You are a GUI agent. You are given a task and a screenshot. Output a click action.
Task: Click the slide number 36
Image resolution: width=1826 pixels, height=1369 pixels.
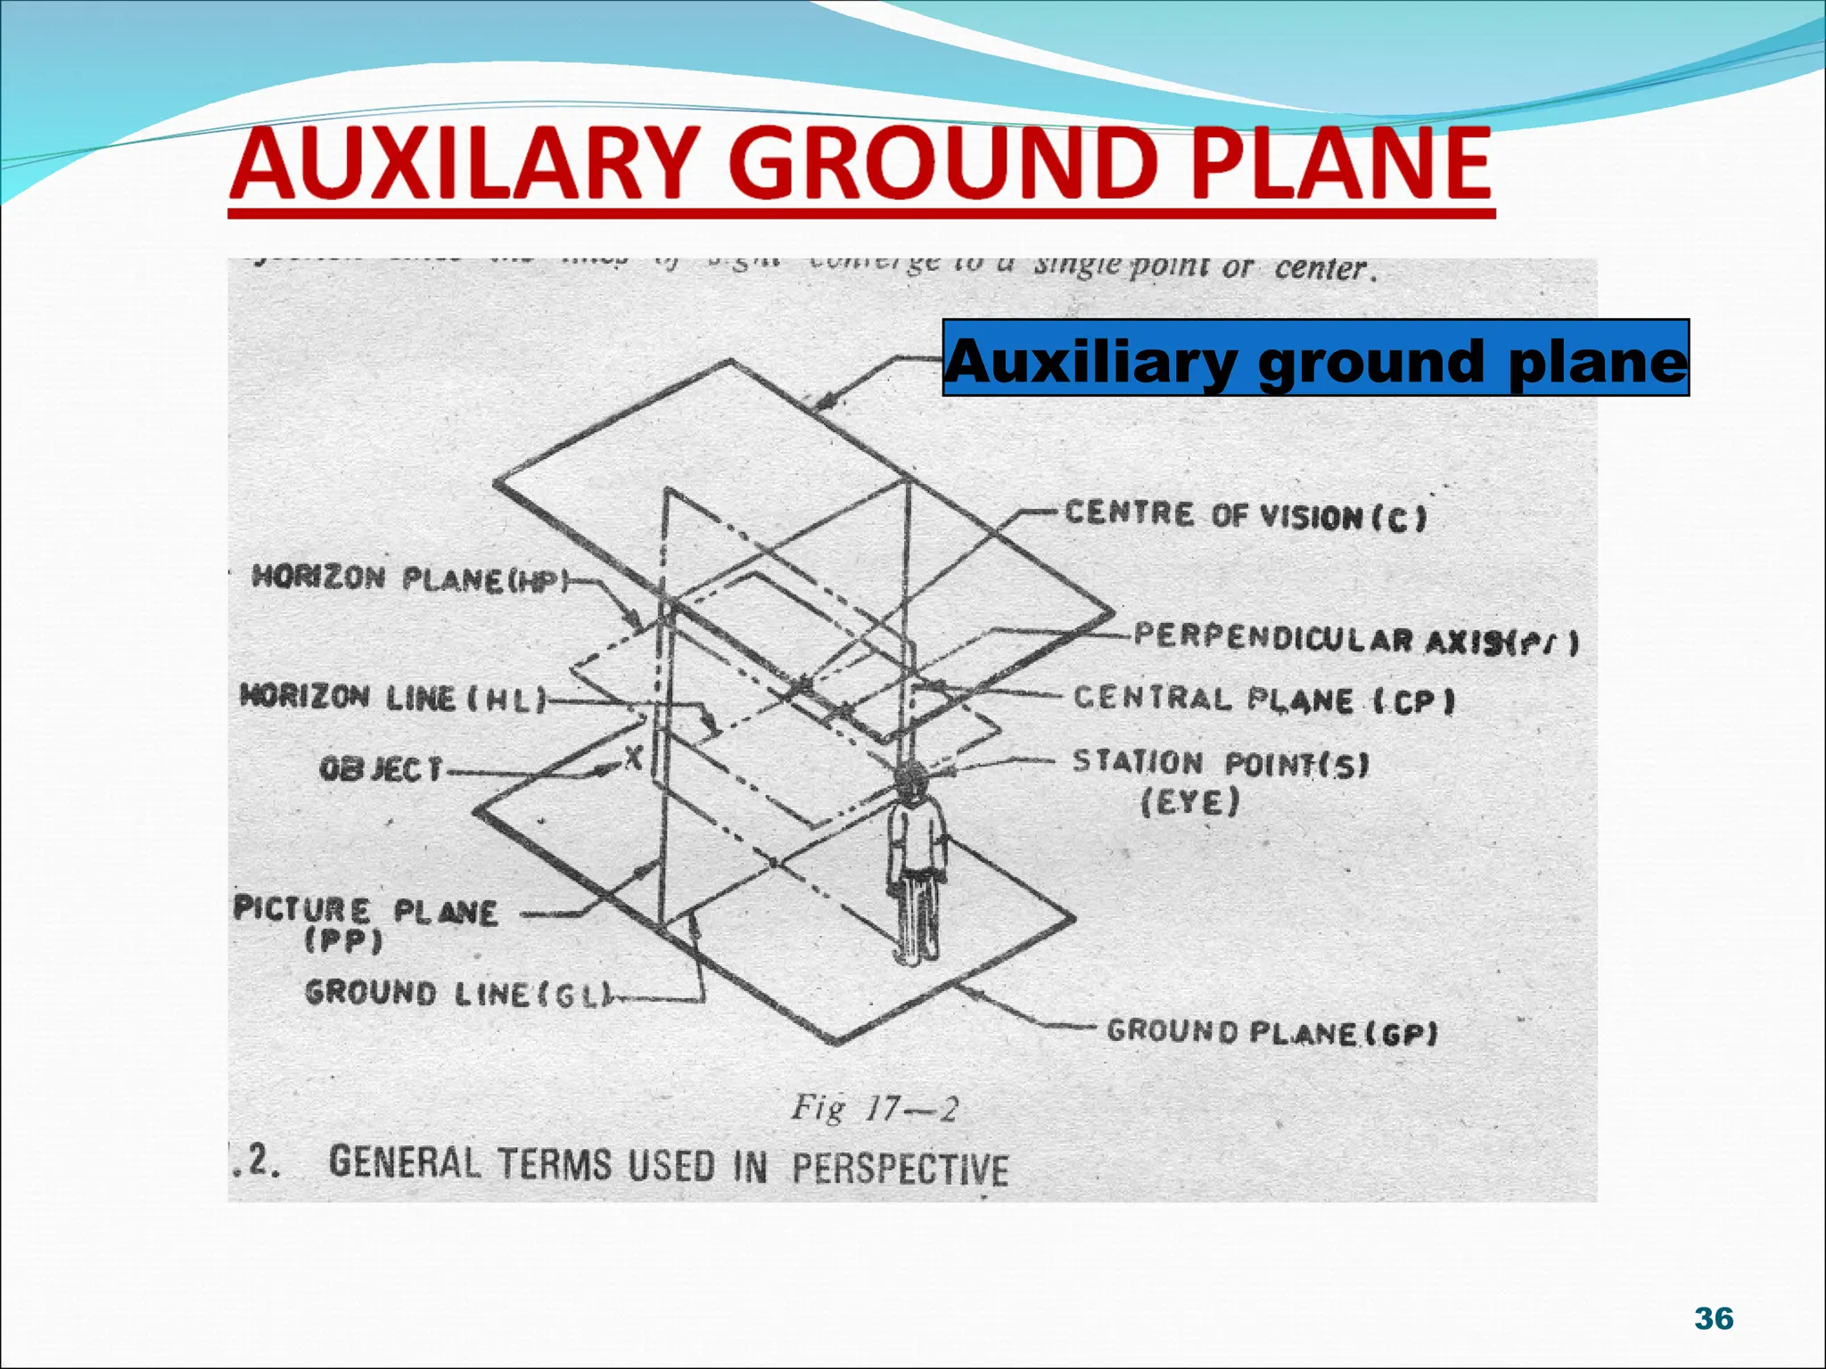click(x=1713, y=1318)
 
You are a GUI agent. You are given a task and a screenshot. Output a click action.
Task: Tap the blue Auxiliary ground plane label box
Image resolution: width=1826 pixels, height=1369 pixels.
click(x=1315, y=357)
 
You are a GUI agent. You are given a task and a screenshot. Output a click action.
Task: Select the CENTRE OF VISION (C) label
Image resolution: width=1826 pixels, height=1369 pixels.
click(x=1245, y=515)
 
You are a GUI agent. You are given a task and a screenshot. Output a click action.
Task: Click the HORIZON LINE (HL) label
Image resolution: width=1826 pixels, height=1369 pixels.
click(x=393, y=698)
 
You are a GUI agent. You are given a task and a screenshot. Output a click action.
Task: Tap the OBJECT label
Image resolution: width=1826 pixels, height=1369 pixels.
click(x=381, y=768)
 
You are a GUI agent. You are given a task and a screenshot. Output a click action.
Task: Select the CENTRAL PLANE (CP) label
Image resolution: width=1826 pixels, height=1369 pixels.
click(x=1263, y=700)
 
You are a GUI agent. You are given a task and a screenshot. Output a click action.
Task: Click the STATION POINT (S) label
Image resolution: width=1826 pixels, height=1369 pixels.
click(x=1220, y=763)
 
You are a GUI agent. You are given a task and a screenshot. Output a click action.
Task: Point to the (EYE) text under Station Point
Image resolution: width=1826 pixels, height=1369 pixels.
click(x=1190, y=803)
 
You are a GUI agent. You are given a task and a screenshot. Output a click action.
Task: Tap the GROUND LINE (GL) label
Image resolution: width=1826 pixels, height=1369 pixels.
click(x=458, y=993)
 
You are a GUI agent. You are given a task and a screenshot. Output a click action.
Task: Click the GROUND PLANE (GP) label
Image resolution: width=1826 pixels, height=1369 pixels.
click(x=1271, y=1032)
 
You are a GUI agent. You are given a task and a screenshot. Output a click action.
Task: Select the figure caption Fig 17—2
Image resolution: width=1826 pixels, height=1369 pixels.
click(x=875, y=1109)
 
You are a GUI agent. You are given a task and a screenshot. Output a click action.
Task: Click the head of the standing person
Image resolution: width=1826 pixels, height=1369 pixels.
click(x=911, y=780)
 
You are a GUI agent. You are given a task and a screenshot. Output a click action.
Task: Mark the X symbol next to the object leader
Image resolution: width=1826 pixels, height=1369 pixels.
click(x=633, y=758)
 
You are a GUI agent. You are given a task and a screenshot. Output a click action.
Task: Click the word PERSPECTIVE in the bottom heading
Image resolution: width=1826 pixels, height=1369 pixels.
click(x=901, y=1168)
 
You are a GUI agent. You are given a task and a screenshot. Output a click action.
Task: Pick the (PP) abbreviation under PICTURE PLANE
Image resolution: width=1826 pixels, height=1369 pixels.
click(x=343, y=941)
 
